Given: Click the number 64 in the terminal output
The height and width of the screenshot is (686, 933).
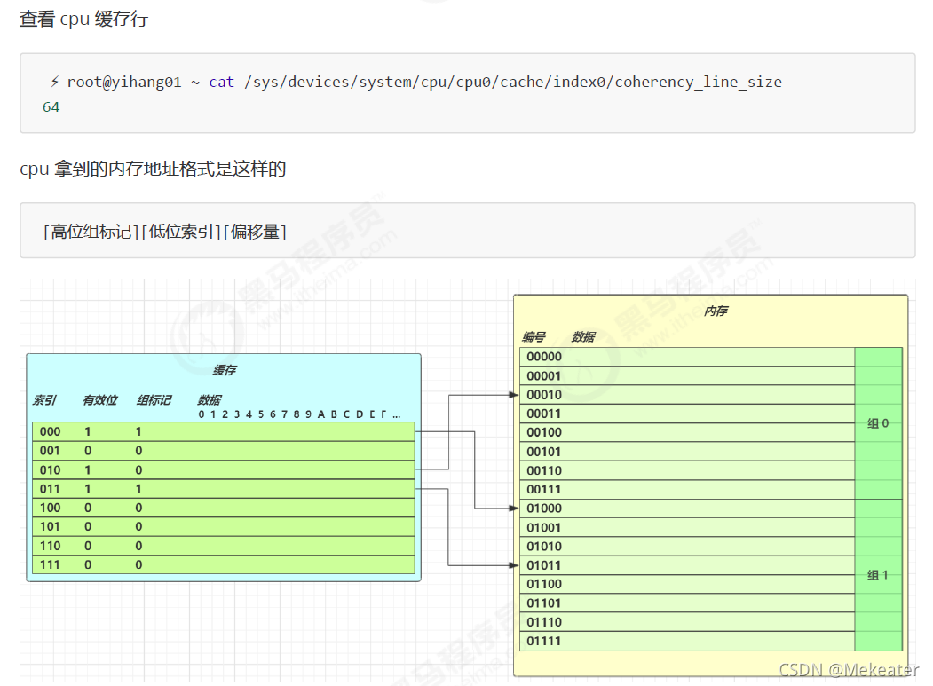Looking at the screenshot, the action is click(51, 106).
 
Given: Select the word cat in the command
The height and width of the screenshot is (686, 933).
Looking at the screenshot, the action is click(221, 82).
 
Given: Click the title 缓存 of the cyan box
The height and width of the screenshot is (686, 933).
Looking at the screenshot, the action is click(225, 370).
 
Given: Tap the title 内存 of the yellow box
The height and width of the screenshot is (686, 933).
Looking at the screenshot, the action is click(716, 311).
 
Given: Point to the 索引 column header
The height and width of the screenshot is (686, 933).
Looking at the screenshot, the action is click(44, 400).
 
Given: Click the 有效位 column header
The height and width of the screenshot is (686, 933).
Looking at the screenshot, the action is click(99, 400).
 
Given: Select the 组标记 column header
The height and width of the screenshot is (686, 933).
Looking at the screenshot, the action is click(154, 400).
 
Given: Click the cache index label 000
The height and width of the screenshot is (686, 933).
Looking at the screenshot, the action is click(50, 431).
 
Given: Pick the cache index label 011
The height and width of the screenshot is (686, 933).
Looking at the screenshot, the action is click(50, 489).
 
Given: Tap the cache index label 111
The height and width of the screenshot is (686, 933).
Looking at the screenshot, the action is click(50, 564).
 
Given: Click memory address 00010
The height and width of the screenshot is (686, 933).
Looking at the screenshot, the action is click(544, 395).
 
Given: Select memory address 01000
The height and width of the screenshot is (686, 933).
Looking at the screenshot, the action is click(544, 509).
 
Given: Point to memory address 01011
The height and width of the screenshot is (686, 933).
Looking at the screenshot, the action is click(544, 565).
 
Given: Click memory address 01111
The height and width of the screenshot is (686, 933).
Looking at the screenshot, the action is click(544, 641).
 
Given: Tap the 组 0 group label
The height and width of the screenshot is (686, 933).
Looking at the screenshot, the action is click(877, 423).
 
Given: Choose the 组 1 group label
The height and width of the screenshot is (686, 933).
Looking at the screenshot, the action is click(877, 575).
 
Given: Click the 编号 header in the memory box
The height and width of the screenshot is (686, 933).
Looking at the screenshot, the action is click(534, 337).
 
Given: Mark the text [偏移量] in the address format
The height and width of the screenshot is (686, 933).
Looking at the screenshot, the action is click(255, 232).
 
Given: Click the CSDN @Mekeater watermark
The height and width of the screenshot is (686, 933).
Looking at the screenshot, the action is click(849, 670).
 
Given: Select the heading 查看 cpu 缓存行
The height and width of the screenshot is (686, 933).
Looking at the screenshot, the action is click(83, 19).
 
